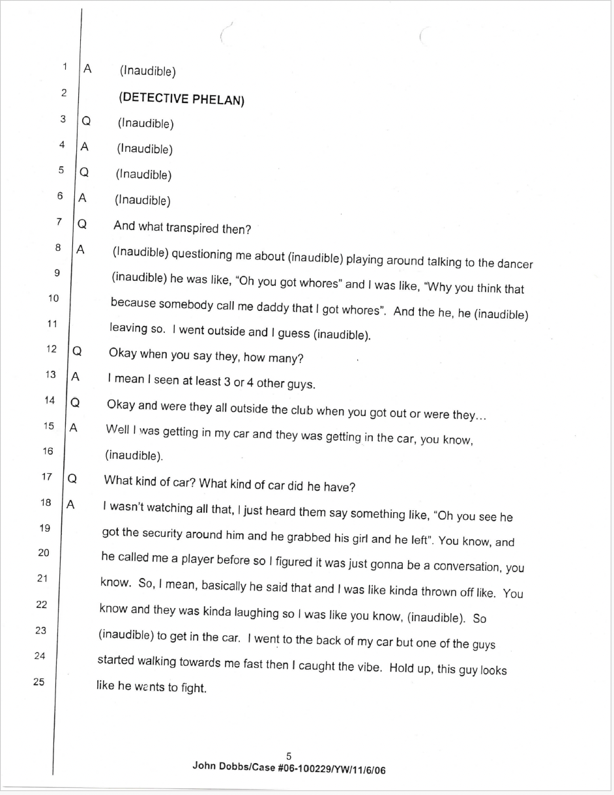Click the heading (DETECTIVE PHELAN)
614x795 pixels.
coord(181,99)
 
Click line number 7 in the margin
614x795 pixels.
coord(59,222)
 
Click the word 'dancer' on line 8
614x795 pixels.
coord(515,264)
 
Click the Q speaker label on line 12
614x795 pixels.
coord(77,351)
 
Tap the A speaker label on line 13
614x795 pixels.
coord(75,377)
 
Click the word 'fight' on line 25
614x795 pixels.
coord(193,689)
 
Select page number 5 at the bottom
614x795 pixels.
coord(289,756)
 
